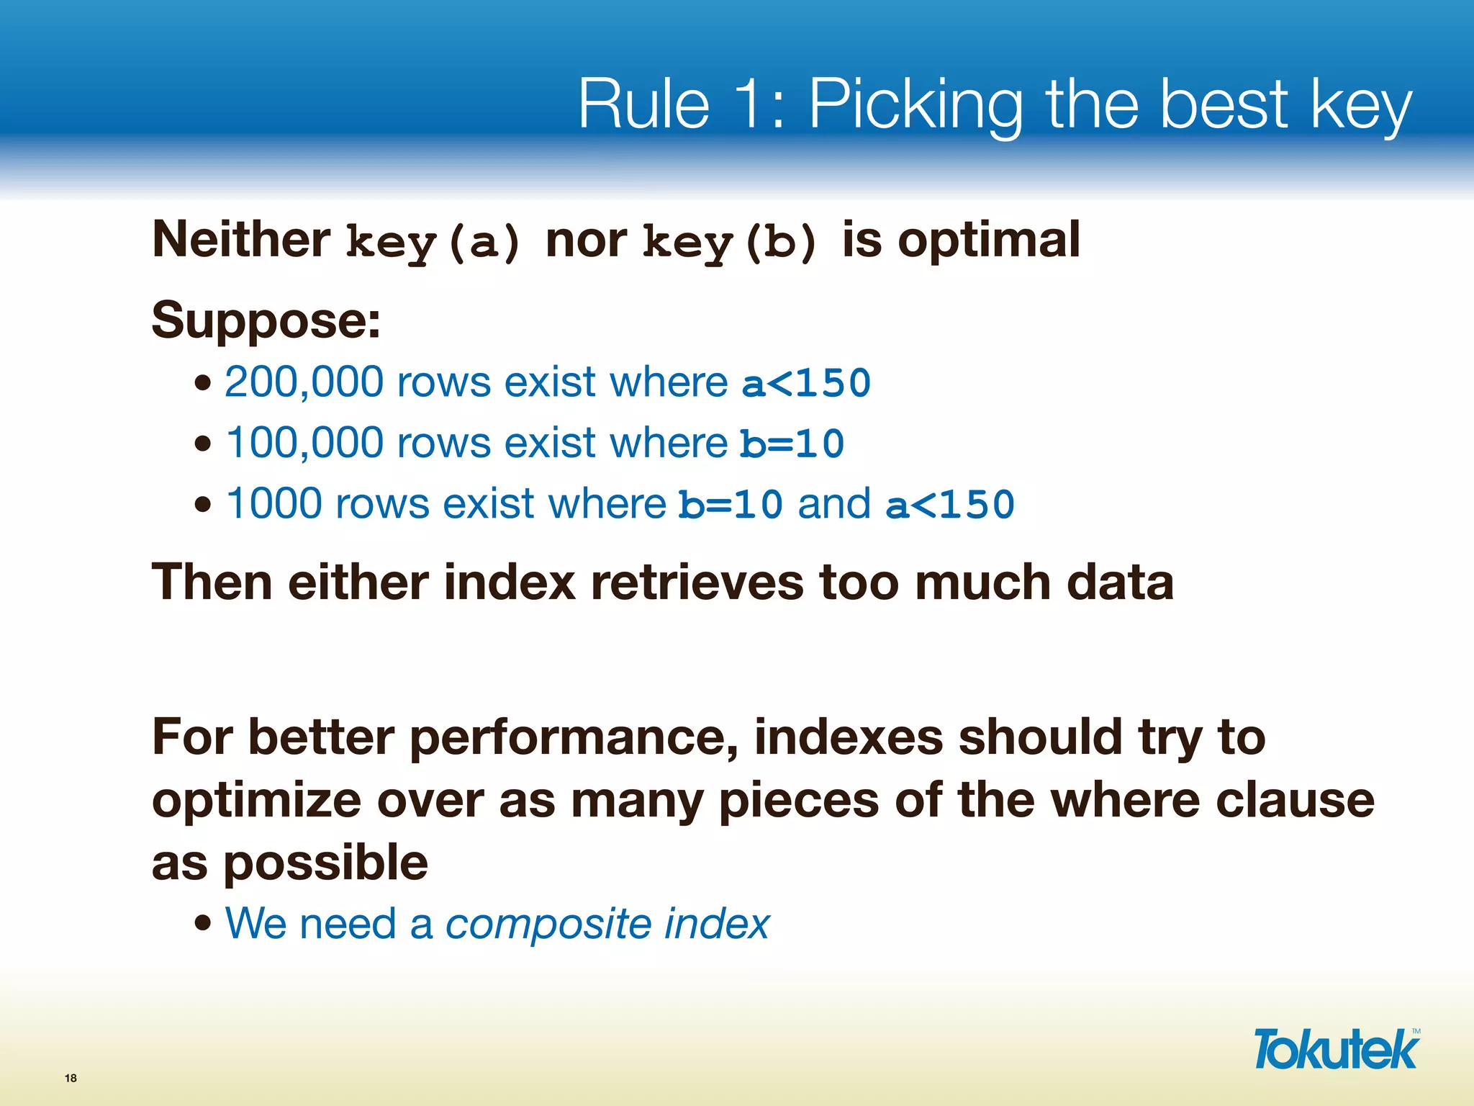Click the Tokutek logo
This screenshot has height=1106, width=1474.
point(1336,1050)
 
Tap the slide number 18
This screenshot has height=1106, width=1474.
point(71,1078)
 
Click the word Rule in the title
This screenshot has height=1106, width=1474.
point(643,104)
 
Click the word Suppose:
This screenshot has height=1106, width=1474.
point(266,320)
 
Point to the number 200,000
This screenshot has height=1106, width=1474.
point(304,382)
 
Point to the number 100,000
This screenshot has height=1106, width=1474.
point(304,442)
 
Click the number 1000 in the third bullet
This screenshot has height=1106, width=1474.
point(273,503)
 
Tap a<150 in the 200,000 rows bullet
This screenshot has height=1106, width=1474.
point(806,383)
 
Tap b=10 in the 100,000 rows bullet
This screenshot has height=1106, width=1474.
point(792,444)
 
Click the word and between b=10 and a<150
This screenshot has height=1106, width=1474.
point(833,503)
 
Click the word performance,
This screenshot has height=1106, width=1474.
point(574,737)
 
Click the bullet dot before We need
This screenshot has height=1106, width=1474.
point(204,922)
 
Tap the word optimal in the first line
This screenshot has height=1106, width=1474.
point(989,240)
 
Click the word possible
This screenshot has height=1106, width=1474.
point(325,863)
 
